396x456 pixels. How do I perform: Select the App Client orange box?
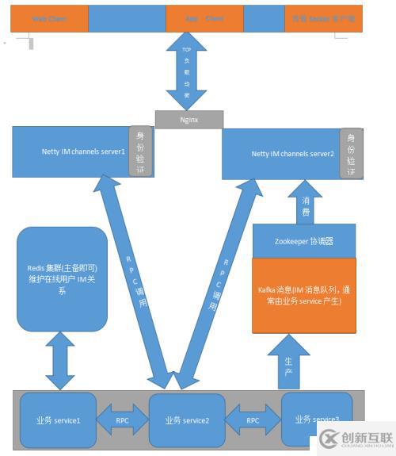204,17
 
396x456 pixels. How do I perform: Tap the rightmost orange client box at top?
323,17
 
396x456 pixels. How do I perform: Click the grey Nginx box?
188,119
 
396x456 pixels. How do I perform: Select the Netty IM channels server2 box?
281,152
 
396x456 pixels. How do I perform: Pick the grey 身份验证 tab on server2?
351,152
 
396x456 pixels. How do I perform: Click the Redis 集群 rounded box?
62,278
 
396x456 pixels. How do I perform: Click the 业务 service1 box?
57,420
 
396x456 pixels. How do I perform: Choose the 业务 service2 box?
187,420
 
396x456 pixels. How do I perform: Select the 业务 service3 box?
317,419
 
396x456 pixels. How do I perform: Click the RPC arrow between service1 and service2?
123,420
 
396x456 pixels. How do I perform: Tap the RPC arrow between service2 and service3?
253,420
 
